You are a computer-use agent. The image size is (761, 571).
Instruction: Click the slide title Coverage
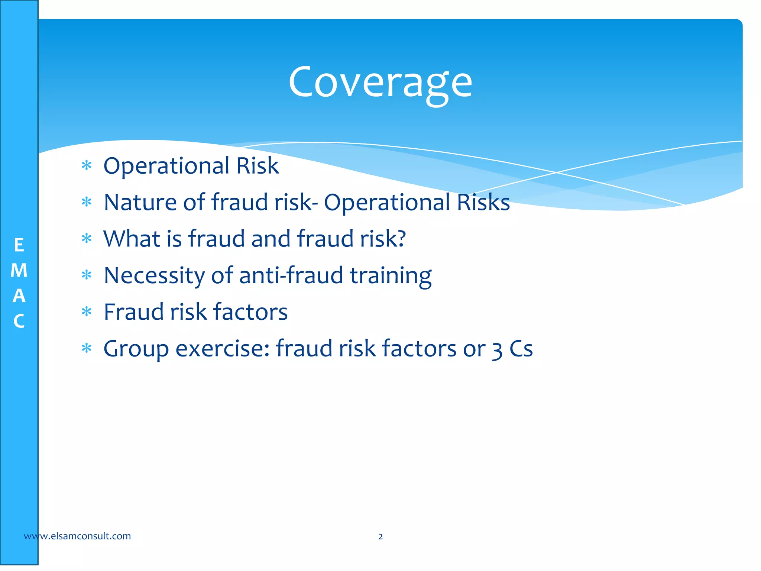[x=380, y=83]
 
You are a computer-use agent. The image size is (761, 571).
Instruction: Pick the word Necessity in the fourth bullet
[x=154, y=276]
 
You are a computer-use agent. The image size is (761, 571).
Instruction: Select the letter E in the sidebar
[x=19, y=246]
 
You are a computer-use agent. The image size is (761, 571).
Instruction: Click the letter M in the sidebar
[x=19, y=271]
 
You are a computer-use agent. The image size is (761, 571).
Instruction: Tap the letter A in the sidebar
[x=19, y=296]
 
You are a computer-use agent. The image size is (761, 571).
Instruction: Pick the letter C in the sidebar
[x=19, y=321]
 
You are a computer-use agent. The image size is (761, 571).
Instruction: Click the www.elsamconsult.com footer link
[x=77, y=536]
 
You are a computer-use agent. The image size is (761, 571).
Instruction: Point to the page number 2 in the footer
[x=380, y=536]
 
